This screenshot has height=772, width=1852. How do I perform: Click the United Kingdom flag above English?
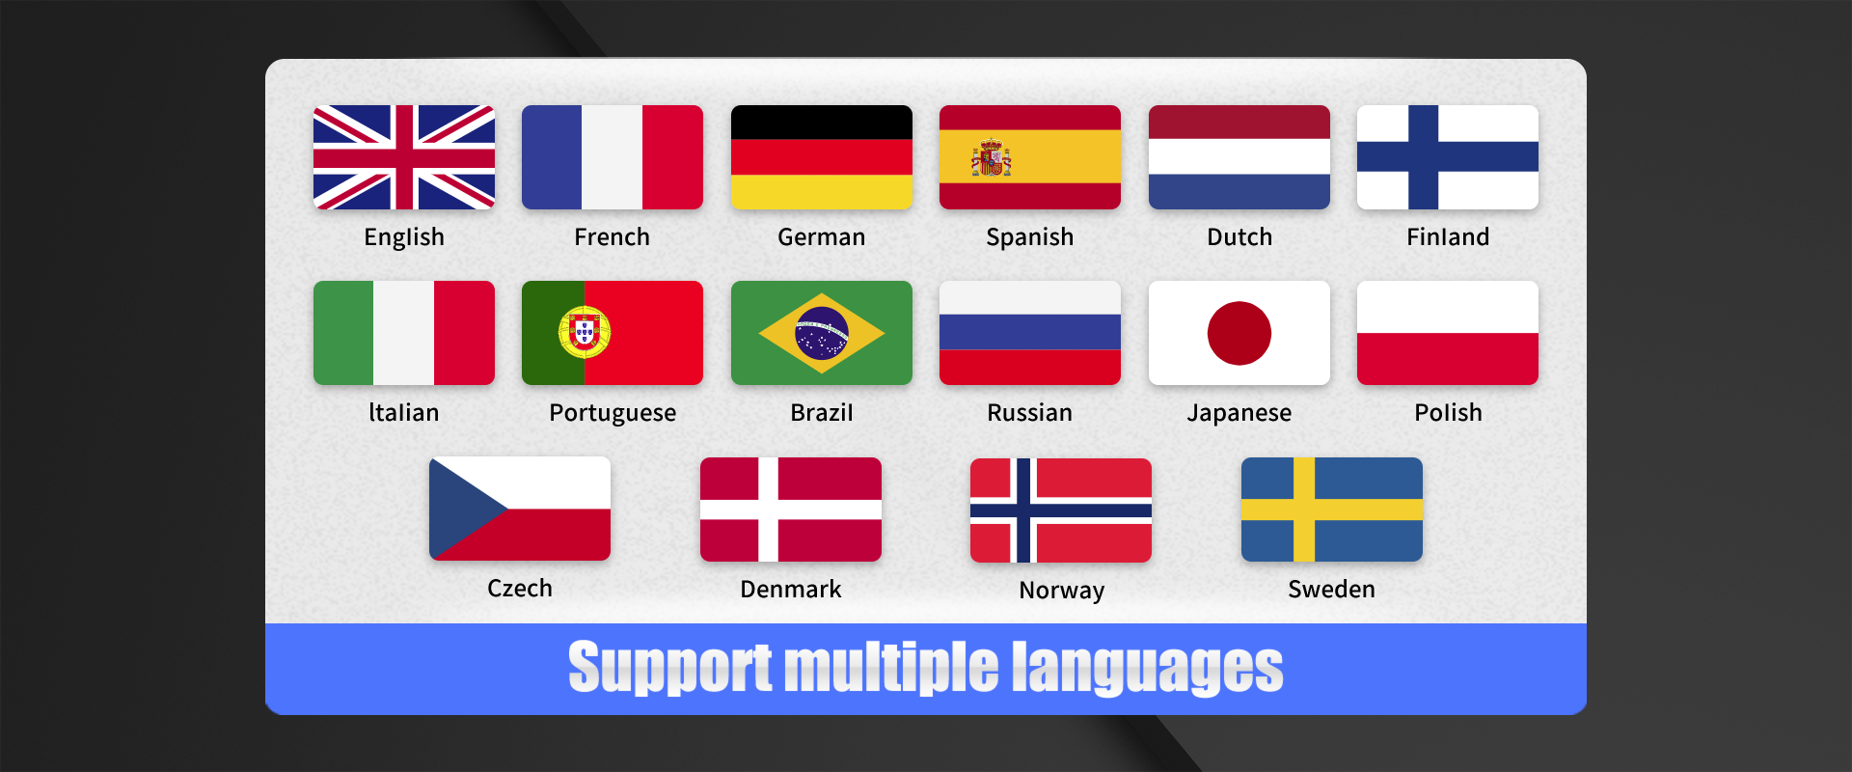[404, 157]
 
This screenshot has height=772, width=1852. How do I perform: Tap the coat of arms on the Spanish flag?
[991, 157]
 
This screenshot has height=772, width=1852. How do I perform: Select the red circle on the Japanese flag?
[1239, 333]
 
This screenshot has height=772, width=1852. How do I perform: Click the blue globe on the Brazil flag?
[822, 333]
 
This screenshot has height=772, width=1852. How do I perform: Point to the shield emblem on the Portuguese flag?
[585, 332]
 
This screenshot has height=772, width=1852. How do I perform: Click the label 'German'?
[822, 236]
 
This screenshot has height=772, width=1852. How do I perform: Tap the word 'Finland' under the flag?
[1448, 236]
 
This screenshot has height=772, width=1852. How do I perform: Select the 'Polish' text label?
[1448, 412]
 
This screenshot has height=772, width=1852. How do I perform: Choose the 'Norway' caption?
[1062, 590]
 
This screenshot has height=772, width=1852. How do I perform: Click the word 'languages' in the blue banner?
[1148, 668]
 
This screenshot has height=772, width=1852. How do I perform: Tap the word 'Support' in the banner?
[670, 668]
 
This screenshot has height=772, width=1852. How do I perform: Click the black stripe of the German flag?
[822, 123]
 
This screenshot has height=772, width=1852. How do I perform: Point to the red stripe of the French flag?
[673, 157]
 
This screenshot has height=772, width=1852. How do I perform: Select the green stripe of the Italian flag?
[343, 333]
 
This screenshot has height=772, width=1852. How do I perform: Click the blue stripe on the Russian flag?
[1030, 333]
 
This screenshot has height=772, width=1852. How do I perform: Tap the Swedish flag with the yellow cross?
[1332, 510]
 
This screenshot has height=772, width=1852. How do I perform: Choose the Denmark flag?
[791, 510]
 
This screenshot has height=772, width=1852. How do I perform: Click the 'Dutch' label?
[1239, 236]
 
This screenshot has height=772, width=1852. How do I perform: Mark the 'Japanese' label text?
[1239, 413]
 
